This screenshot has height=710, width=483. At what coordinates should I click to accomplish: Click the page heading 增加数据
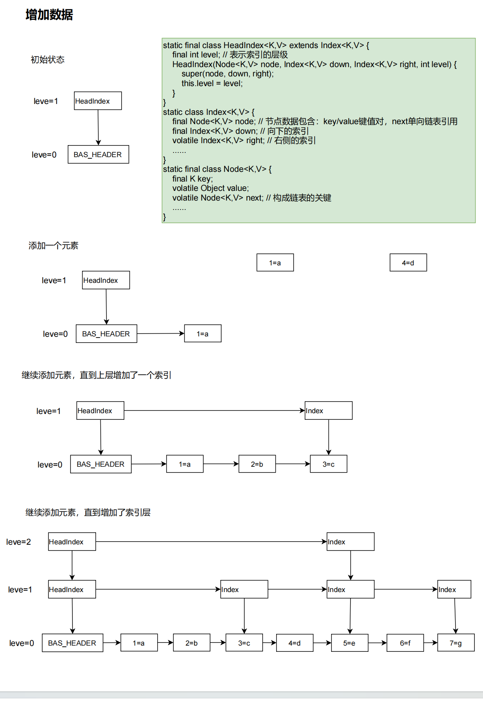coord(49,15)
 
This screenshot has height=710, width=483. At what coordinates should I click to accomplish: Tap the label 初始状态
coord(47,60)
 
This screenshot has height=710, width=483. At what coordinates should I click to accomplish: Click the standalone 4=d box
coord(408,263)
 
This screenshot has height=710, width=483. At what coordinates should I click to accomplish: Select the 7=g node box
coord(455,643)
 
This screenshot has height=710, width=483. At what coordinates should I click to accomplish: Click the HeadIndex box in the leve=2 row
coord(72,542)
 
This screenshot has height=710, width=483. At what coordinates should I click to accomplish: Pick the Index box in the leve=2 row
coord(350,542)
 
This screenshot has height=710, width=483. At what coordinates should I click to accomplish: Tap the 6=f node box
coord(405,643)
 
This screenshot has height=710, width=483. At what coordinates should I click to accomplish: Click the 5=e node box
coord(349,643)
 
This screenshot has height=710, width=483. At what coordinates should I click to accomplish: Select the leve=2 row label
coord(19,542)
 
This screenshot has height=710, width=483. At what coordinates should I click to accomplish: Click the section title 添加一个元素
coord(53,246)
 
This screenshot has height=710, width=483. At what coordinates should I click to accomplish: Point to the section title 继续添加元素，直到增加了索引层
coord(88,513)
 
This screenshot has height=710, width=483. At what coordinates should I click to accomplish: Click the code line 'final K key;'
coord(193,179)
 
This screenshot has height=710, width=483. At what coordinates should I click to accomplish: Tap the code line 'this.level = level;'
coord(212,83)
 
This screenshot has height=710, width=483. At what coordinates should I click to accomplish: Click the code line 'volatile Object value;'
coord(210,188)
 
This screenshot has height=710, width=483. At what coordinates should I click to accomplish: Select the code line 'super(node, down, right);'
coord(227,74)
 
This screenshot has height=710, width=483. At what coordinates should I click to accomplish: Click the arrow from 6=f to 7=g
coord(430,643)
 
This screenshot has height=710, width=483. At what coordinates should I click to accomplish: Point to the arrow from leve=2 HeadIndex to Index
coord(211,542)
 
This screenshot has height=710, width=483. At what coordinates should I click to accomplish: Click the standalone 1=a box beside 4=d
coord(275,263)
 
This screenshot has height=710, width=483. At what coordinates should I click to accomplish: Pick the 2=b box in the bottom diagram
coord(191,643)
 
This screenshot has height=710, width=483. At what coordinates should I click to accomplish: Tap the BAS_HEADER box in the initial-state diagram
coord(98,154)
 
